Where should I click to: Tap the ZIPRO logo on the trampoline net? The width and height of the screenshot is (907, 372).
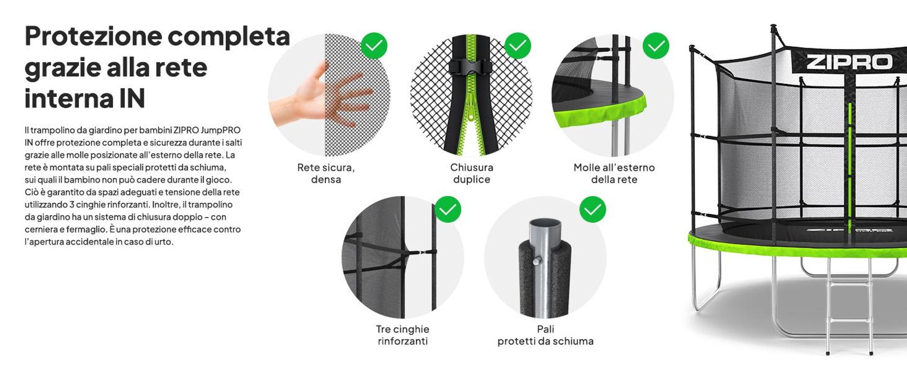tap(849, 62)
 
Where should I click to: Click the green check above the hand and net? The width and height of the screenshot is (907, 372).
tap(374, 46)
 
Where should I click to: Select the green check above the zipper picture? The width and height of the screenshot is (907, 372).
tap(517, 46)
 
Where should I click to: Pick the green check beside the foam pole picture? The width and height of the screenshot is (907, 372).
tap(593, 209)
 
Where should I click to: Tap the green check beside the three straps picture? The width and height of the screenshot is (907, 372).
tap(448, 209)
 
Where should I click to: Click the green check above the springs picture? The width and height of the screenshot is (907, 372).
tap(656, 46)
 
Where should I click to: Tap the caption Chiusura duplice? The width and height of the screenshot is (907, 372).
tap(472, 173)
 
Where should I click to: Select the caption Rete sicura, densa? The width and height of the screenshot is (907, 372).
tap(326, 173)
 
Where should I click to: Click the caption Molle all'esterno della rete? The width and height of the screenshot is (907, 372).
tap(614, 173)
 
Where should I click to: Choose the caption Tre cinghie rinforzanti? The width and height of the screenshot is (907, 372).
tap(403, 335)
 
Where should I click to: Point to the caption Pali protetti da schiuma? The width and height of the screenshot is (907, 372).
tap(546, 335)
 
